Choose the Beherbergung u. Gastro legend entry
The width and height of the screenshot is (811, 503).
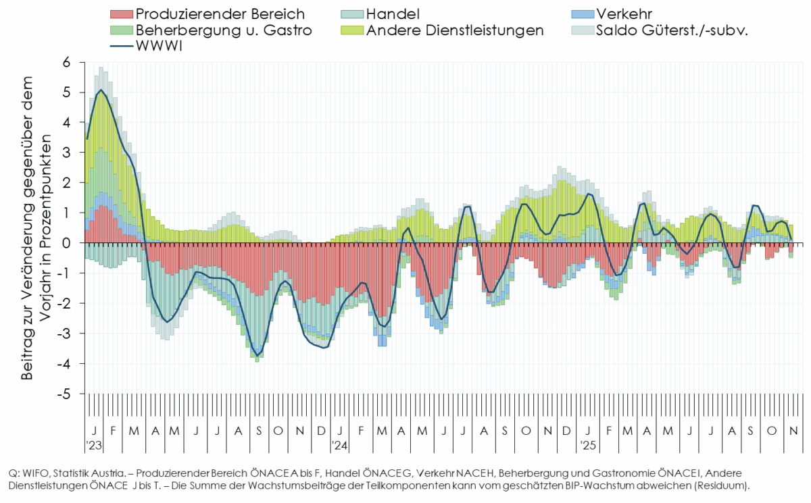click(x=224, y=30)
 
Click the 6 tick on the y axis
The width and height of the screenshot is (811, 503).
click(x=67, y=62)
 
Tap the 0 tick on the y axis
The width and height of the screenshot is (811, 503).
click(x=67, y=243)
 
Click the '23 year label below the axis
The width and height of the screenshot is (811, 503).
click(x=94, y=446)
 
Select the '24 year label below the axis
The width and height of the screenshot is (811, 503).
click(x=339, y=446)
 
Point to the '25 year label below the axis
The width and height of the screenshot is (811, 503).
click(x=588, y=446)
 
